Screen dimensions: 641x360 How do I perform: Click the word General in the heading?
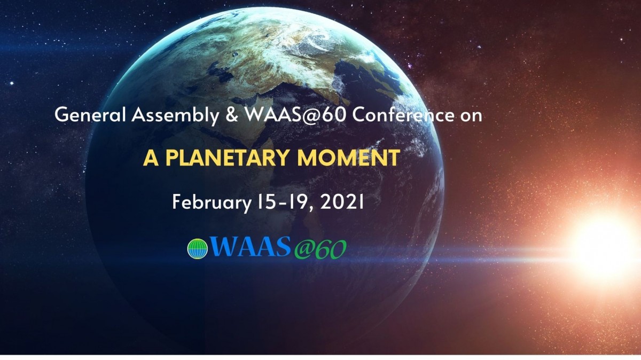coord(90,115)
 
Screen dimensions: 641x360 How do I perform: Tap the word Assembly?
coord(175,116)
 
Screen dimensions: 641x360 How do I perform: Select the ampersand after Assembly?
coord(232,115)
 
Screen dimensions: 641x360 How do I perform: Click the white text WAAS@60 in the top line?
coord(295,115)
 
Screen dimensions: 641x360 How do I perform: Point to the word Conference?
coord(403,115)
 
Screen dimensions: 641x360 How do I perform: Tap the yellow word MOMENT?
coord(348,158)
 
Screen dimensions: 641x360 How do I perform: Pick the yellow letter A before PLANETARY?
coord(151,158)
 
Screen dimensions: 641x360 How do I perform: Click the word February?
coord(212,202)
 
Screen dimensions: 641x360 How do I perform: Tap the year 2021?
coord(342,202)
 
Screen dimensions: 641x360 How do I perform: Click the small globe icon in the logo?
coord(198,249)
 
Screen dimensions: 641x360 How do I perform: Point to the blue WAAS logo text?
coord(250,246)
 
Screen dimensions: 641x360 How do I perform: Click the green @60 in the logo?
coord(320,249)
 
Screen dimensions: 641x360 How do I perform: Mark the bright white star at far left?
coord(12,83)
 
